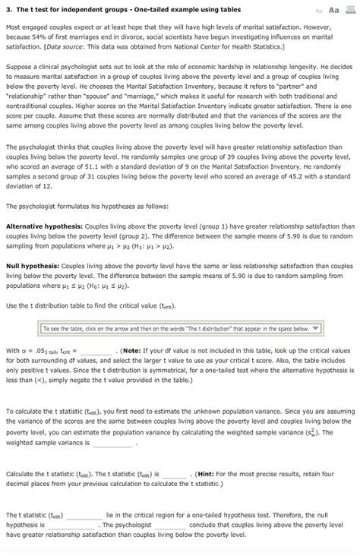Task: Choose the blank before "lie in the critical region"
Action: pyautogui.click(x=84, y=513)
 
